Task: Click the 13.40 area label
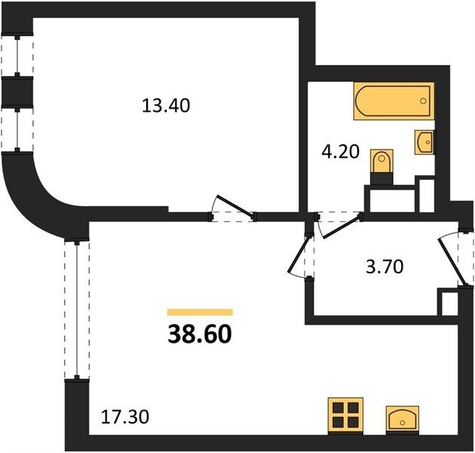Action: coord(166,106)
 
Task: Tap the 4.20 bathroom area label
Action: coord(340,152)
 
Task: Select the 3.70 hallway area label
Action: coord(385,267)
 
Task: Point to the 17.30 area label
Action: coord(125,418)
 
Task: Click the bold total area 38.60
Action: coord(200,334)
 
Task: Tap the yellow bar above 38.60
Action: coord(200,312)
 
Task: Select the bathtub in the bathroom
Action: coord(394,100)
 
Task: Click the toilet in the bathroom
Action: coord(382,167)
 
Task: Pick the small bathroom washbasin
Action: coord(424,142)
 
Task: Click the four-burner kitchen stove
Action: coord(345,415)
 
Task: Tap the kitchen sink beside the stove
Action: coord(403,419)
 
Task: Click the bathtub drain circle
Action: coord(424,100)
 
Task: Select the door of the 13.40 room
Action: coord(233,207)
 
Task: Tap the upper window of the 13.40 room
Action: coord(17,55)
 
